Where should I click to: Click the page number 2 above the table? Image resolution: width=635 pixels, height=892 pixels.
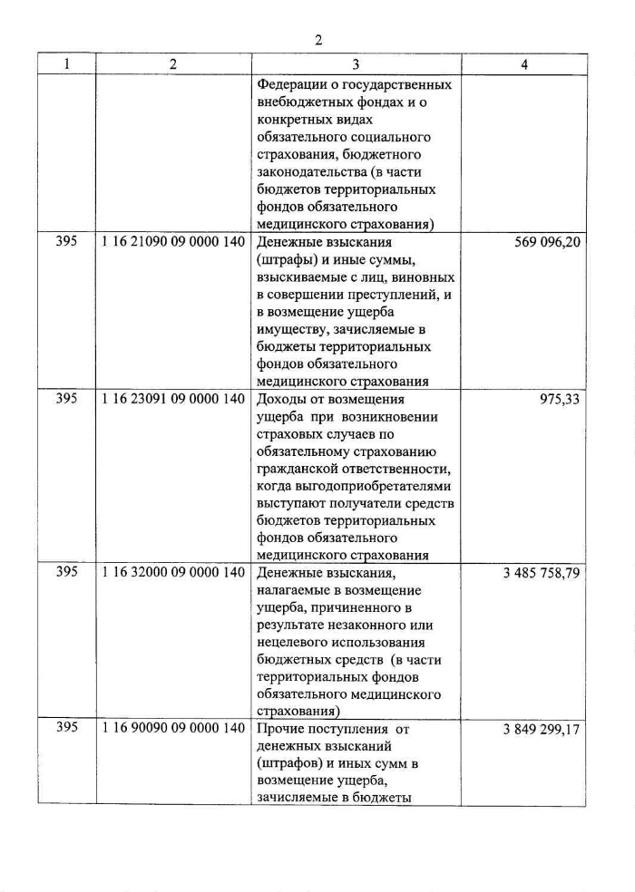tap(318, 40)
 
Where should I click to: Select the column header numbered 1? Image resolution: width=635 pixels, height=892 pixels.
tap(66, 65)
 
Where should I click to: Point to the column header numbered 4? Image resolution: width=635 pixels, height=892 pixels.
tap(524, 65)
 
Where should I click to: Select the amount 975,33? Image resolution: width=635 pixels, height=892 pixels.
tap(559, 400)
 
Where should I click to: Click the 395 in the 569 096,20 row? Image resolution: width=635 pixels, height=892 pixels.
tap(66, 244)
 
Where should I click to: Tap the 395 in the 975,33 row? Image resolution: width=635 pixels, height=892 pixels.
tap(66, 400)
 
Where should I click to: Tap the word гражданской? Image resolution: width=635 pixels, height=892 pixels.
tap(302, 469)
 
